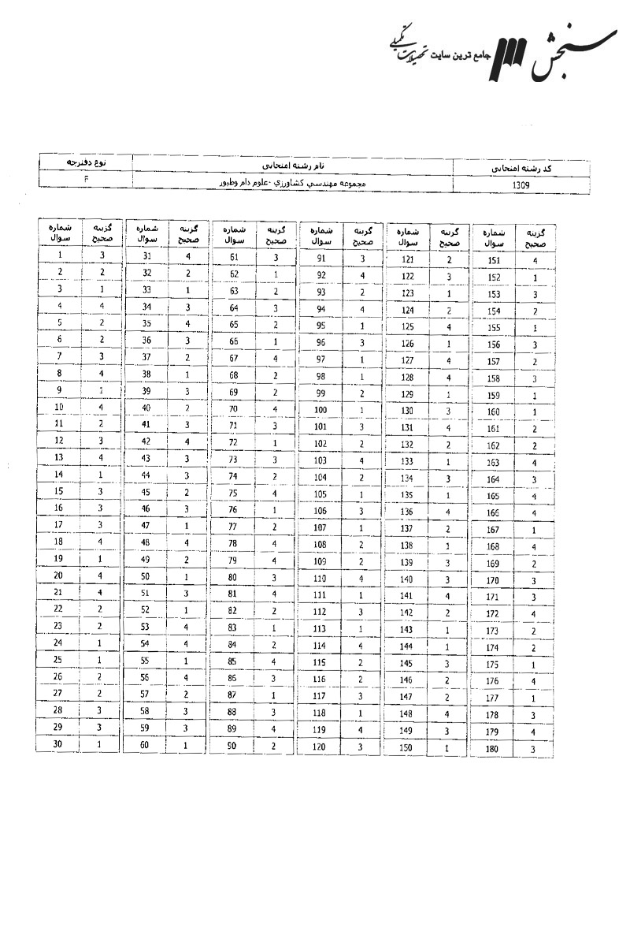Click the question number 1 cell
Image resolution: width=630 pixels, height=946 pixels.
(61, 255)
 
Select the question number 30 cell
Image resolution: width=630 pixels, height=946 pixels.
(59, 744)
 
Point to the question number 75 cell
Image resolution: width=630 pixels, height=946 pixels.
(234, 493)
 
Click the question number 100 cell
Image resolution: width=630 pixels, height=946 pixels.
(321, 410)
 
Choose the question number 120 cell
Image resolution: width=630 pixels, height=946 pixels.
(321, 747)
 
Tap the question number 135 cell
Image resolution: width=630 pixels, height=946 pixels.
(407, 495)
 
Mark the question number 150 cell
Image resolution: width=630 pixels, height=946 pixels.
(407, 747)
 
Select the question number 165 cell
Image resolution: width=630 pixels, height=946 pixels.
(494, 497)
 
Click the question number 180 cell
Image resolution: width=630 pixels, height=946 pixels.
(493, 749)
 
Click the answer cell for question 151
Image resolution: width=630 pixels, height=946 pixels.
(535, 260)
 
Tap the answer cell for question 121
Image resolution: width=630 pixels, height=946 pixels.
(449, 259)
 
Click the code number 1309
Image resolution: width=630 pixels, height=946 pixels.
(521, 186)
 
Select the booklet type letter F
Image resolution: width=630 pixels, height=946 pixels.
(86, 179)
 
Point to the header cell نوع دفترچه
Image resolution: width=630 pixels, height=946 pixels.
(86, 162)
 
